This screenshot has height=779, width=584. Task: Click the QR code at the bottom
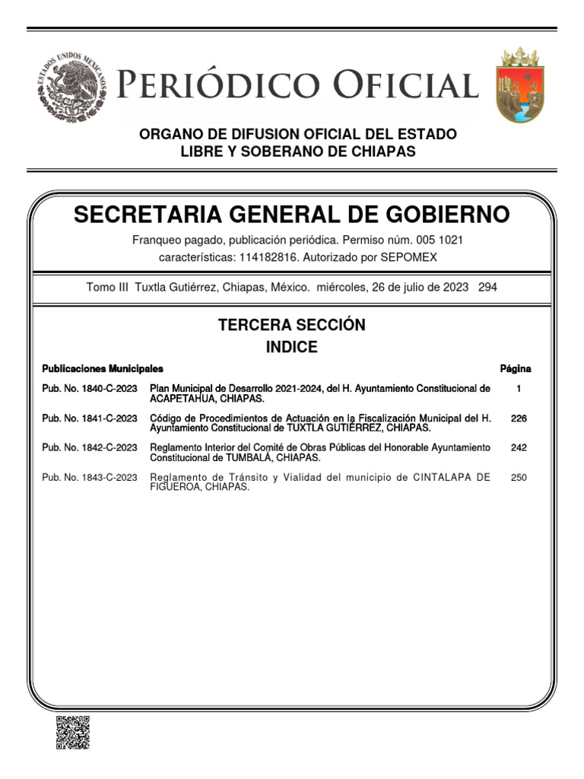tap(73, 733)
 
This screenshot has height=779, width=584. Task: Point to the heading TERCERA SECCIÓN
tap(292, 325)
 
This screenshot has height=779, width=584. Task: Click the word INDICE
tap(291, 348)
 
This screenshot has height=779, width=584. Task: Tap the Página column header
tap(516, 369)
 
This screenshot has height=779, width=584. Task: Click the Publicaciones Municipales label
tap(103, 369)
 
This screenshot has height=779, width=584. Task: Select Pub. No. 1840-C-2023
tap(90, 389)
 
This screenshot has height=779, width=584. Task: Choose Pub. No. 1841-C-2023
tap(90, 418)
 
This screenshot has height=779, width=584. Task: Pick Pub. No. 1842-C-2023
tap(90, 448)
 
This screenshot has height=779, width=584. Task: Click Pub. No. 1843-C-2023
tap(90, 478)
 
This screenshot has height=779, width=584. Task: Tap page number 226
tap(519, 418)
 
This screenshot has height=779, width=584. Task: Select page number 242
tap(519, 448)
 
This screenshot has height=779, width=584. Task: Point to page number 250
tap(519, 478)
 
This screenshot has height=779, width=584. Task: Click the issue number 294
tap(488, 288)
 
